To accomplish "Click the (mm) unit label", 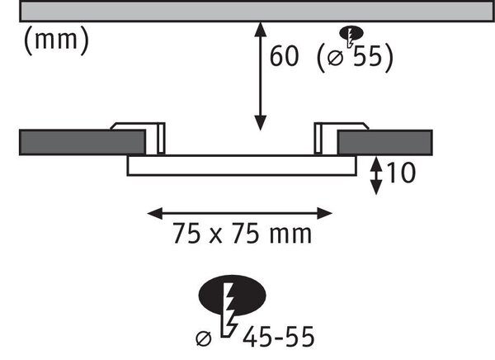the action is coord(56,40).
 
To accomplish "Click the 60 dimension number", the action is coord(284,56).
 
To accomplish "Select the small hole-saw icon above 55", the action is coord(351,36).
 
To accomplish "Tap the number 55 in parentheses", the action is coord(367,56).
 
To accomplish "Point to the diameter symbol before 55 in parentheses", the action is coord(335,58).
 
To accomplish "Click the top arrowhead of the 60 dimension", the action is coord(260,29).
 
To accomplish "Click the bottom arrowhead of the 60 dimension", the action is coord(260,123).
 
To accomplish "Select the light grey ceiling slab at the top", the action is coord(257,11).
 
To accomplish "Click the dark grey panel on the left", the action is coord(82,142).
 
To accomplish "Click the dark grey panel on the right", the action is coord(384,143).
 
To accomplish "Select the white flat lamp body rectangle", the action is coord(242,165).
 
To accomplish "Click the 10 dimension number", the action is coord(401,173).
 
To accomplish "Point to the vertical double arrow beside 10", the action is coord(375,176).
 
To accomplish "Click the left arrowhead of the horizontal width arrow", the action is coord(155,214).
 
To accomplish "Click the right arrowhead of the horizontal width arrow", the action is coord(325,214).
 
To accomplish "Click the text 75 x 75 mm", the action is coord(243,234).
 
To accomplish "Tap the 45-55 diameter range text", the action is coord(279,337).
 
